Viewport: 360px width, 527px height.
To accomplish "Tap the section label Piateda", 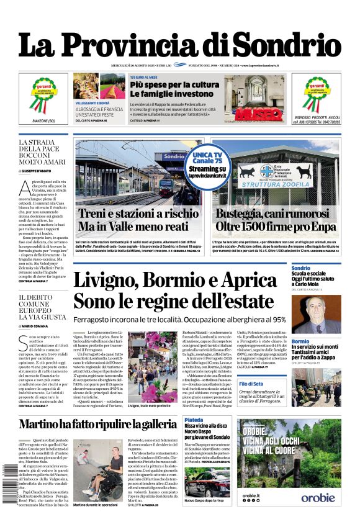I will tap(194, 420).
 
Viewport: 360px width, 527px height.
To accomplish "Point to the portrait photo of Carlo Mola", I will tap(325, 314).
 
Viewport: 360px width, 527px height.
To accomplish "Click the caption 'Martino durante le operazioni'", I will tap(97, 505).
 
